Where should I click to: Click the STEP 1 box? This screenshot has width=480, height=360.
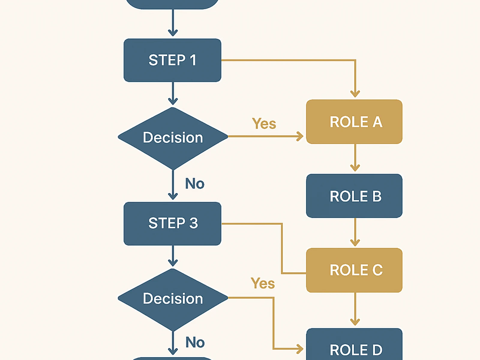pos(172,60)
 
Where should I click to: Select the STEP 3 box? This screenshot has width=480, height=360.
pos(172,223)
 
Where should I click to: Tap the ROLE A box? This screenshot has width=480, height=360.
pos(354,122)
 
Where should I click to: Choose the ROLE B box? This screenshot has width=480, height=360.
pos(354,196)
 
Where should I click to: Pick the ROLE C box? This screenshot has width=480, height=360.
pos(354,270)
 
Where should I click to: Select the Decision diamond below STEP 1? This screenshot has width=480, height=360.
pos(173,138)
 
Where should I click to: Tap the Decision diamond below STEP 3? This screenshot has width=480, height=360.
pos(173,299)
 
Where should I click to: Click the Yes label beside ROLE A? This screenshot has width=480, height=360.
pos(264,124)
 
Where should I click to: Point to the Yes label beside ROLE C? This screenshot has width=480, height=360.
pos(262,283)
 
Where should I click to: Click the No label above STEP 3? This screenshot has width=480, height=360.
pos(195,184)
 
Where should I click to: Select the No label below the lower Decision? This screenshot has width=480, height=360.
pos(195,342)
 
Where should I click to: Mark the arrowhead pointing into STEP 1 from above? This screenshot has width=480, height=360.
pos(173,32)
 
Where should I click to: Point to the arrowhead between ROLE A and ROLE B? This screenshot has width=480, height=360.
pos(355,168)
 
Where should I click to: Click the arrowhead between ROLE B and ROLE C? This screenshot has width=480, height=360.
pos(355,242)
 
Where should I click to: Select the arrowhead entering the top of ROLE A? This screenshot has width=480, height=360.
pos(355,94)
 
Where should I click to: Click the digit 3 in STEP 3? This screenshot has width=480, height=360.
pos(193,223)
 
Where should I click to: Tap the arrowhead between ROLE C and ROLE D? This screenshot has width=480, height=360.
pos(355,322)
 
